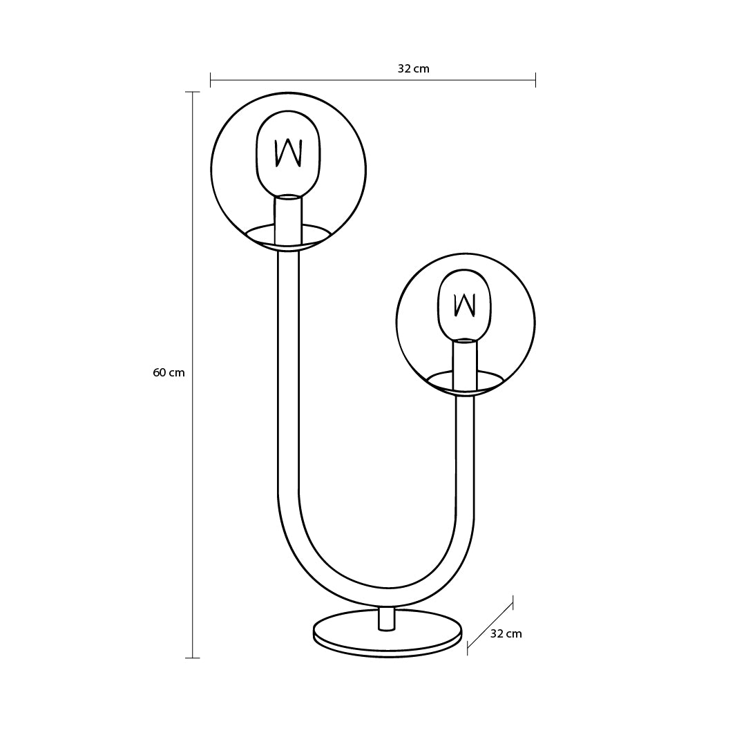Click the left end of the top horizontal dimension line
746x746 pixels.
tap(210, 80)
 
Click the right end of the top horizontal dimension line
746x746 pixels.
tap(536, 80)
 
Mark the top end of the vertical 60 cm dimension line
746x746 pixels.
tap(192, 92)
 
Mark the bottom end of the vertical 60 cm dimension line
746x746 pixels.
tap(192, 658)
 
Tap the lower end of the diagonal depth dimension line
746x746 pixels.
tap(467, 647)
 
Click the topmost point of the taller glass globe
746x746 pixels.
tap(288, 93)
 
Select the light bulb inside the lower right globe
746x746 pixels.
tap(464, 305)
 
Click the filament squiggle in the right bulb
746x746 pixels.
tap(465, 305)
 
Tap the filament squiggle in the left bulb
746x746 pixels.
tap(288, 153)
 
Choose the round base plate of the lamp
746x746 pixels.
tap(388, 633)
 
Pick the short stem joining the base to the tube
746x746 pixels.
tap(386, 618)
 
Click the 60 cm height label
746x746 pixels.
tap(169, 372)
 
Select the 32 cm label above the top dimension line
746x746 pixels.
tap(414, 68)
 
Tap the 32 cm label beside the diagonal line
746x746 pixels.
tap(506, 633)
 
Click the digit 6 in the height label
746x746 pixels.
tap(155, 372)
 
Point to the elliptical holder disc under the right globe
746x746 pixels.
tap(465, 383)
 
